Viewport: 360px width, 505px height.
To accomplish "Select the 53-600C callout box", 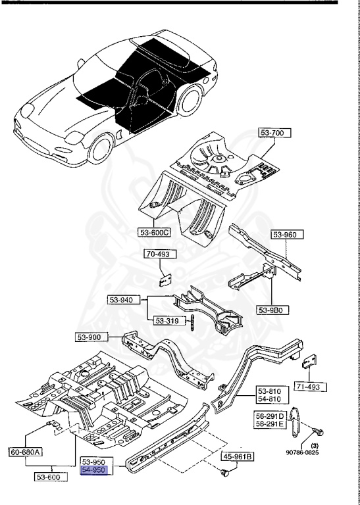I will point(155,231).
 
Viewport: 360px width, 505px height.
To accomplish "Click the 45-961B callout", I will point(239,456).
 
